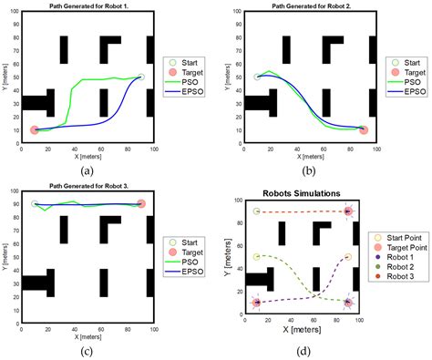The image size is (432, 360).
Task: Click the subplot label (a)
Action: point(87,170)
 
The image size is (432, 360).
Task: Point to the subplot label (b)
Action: point(310,170)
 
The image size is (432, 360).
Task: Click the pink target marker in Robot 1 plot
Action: point(35,130)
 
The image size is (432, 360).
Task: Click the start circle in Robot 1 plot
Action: point(140,77)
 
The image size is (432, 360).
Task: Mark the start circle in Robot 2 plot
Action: point(257,77)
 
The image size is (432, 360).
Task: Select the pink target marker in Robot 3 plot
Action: point(140,204)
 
